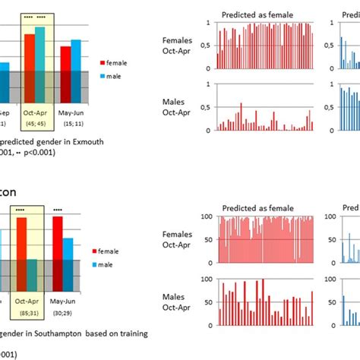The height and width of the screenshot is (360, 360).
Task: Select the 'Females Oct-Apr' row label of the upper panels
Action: pyautogui.click(x=178, y=45)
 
